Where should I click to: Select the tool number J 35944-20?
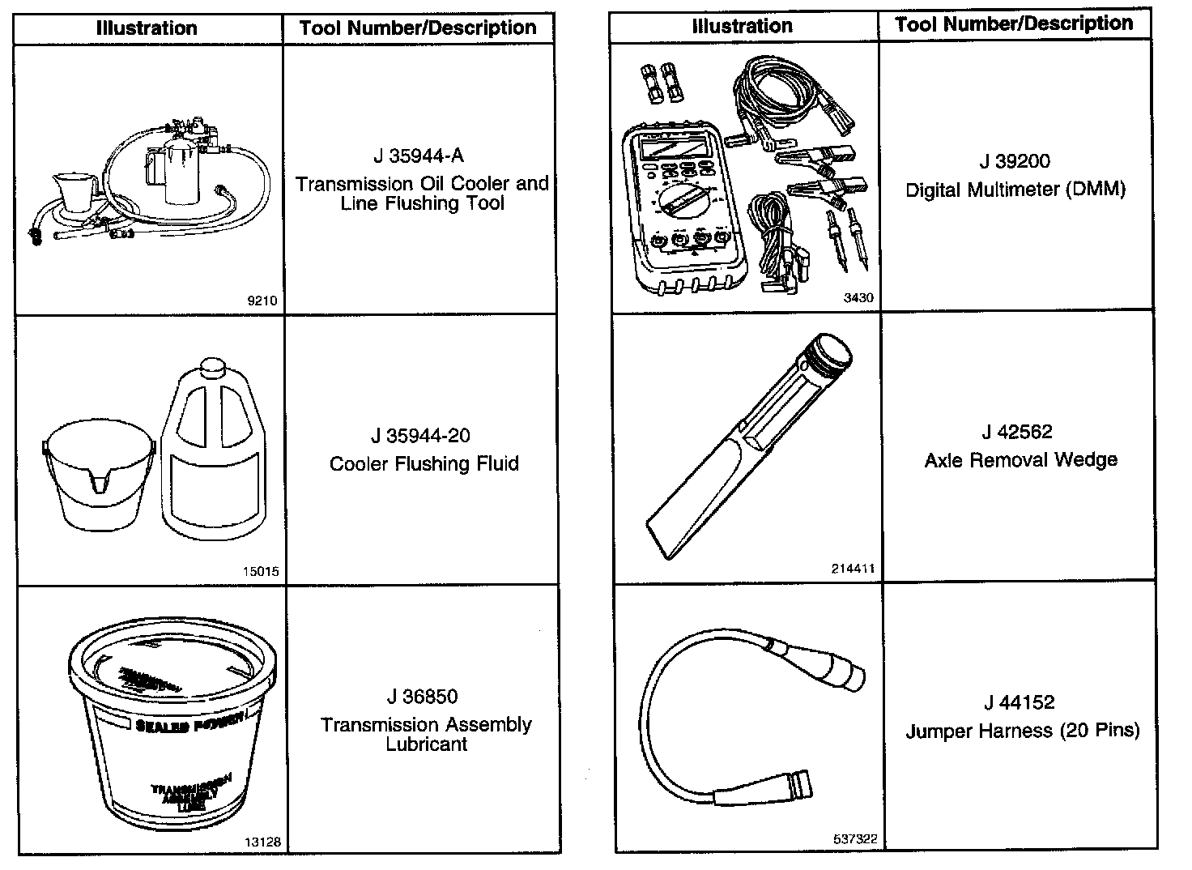point(420,436)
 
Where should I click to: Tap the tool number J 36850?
point(422,697)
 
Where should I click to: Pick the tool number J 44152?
point(1020,702)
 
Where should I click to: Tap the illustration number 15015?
point(261,571)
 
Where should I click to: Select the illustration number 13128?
point(263,842)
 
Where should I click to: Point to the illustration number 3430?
point(858,297)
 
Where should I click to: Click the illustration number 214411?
point(853,569)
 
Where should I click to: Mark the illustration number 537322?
point(855,839)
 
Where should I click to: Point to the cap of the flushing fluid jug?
point(213,369)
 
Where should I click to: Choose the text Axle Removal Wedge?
point(1020,460)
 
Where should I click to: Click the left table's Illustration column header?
point(147,28)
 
